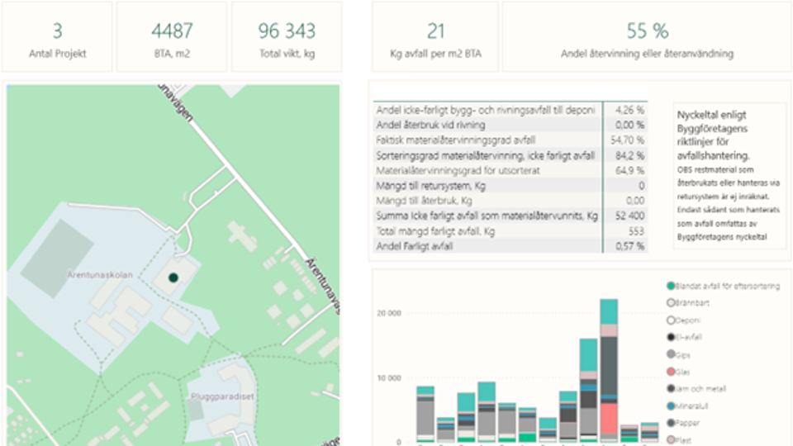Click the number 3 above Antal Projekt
pyautogui.click(x=57, y=31)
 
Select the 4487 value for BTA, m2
pyautogui.click(x=172, y=31)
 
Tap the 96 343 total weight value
pyautogui.click(x=287, y=31)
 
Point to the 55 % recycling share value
pyautogui.click(x=647, y=31)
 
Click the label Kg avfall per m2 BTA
pyautogui.click(x=434, y=55)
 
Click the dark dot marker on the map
pyautogui.click(x=173, y=278)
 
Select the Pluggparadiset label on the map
pyautogui.click(x=222, y=396)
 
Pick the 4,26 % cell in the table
pyautogui.click(x=630, y=110)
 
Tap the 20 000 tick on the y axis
pyautogui.click(x=389, y=314)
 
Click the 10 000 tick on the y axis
pyautogui.click(x=389, y=377)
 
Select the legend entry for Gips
pyautogui.click(x=682, y=353)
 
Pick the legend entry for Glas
pyautogui.click(x=682, y=371)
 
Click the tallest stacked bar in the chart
pyautogui.click(x=609, y=372)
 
